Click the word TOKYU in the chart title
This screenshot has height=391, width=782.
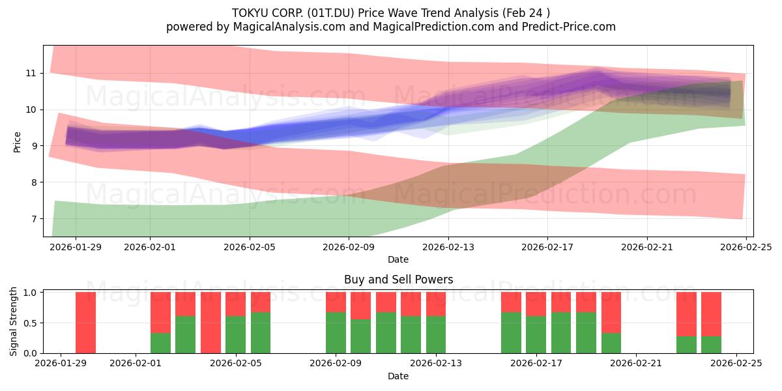click(248, 12)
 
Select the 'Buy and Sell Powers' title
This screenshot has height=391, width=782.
click(398, 280)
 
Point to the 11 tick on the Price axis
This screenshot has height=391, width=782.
click(31, 73)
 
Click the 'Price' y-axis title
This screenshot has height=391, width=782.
click(18, 141)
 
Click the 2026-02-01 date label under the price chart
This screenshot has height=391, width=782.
click(150, 247)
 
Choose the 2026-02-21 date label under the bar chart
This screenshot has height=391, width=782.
click(636, 364)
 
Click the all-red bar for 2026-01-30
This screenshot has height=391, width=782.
click(85, 323)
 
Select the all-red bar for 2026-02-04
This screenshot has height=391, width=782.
click(210, 323)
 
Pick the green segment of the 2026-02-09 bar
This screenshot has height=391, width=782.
click(336, 333)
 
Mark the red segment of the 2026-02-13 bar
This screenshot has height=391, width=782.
click(436, 304)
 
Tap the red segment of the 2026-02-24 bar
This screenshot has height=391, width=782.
click(711, 314)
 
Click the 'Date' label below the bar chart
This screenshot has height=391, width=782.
click(398, 376)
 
